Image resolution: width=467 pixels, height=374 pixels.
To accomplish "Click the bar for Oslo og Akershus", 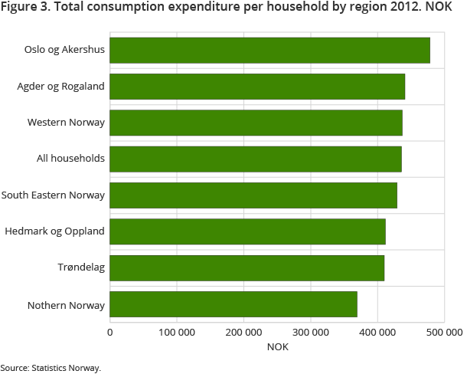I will [269, 51].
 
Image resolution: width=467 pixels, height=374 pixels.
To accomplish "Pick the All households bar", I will [256, 159].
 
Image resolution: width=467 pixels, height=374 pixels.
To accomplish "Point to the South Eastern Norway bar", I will [253, 195].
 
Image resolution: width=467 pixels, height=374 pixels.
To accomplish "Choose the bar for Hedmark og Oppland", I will [247, 231].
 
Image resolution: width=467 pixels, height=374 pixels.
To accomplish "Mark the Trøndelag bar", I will [247, 268].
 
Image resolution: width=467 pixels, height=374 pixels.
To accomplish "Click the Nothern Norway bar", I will [233, 304].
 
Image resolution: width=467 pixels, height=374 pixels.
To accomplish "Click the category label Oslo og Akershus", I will [64, 51].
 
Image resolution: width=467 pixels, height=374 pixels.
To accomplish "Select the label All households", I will [70, 159].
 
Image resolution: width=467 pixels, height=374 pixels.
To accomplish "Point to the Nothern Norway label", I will [66, 305].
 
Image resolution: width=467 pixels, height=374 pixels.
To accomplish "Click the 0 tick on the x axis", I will [110, 332].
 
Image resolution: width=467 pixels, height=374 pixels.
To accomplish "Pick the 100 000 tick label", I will [177, 332].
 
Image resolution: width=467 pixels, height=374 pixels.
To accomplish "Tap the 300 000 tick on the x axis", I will [310, 332].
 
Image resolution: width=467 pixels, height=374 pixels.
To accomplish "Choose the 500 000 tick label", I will [443, 332].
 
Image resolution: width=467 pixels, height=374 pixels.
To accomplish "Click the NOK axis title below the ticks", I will [277, 347].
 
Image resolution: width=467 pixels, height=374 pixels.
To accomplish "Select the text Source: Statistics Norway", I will [51, 368].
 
